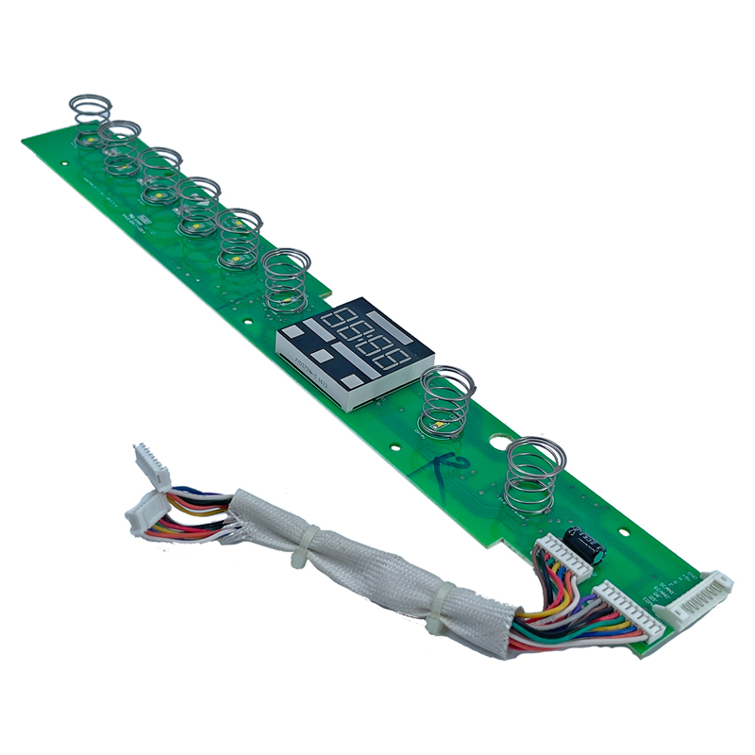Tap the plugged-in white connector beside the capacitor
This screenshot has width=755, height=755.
(563, 562)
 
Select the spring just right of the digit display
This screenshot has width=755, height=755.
(446, 401)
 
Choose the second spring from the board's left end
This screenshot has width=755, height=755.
(121, 147)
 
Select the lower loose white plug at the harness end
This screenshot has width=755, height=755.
(143, 515)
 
